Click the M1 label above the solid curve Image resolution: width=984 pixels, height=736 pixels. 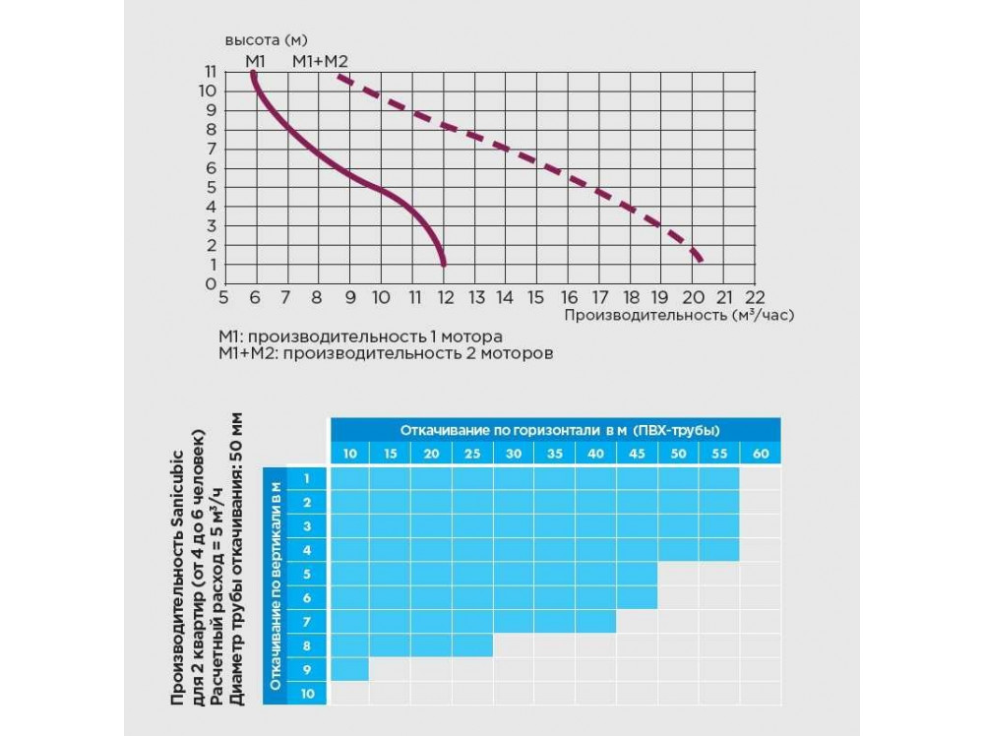[x=255, y=61]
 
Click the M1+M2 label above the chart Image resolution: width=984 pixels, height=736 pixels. [x=321, y=61]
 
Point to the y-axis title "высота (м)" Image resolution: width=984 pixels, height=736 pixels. [x=267, y=40]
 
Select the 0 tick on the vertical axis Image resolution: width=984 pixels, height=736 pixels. [x=210, y=283]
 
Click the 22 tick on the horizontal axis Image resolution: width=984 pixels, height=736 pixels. [x=755, y=296]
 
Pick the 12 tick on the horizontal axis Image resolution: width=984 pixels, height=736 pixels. [x=444, y=296]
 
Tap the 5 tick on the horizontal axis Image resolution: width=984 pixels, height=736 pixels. [x=224, y=296]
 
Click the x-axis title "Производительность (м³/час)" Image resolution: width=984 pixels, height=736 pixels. [x=679, y=315]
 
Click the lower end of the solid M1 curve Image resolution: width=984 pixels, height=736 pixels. [x=444, y=263]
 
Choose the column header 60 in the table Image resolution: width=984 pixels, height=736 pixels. [x=760, y=454]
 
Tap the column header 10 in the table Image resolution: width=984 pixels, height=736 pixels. [x=349, y=454]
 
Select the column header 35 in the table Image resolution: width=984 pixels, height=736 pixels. [x=555, y=454]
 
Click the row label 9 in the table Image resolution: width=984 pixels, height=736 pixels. [x=307, y=669]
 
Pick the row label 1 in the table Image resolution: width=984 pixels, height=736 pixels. [x=307, y=478]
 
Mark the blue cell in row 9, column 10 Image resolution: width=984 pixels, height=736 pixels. [x=349, y=669]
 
